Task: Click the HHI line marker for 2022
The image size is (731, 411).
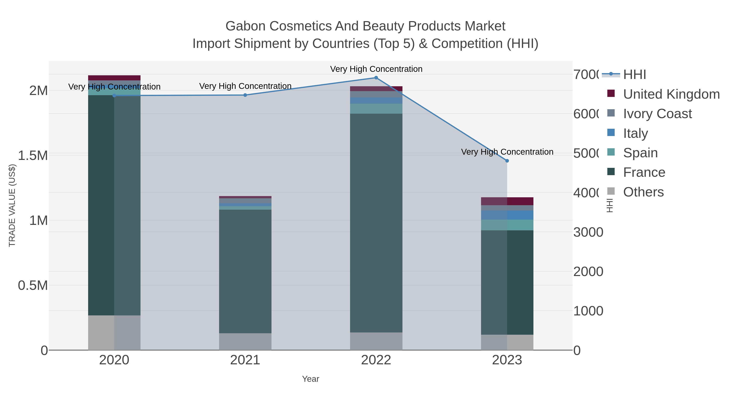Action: click(x=376, y=78)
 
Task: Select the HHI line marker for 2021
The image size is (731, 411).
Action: click(x=245, y=95)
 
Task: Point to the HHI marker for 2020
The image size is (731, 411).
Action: click(x=114, y=96)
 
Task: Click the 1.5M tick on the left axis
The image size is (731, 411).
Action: click(x=33, y=156)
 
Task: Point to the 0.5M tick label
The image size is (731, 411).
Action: click(x=33, y=285)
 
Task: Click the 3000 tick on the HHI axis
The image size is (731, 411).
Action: click(x=588, y=232)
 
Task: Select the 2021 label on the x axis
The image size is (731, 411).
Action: click(x=245, y=360)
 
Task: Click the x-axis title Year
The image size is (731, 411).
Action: click(x=310, y=379)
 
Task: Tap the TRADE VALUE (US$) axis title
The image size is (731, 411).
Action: click(x=12, y=205)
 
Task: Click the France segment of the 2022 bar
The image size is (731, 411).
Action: click(x=376, y=223)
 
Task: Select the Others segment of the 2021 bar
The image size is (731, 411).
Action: click(x=245, y=342)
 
